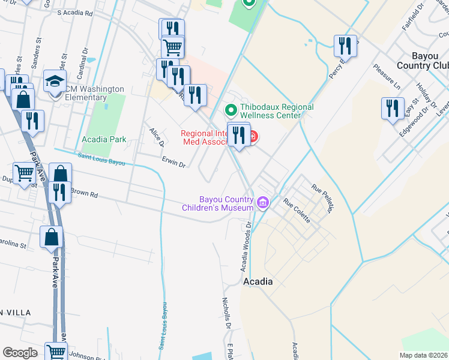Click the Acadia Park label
pyautogui.click(x=104, y=140)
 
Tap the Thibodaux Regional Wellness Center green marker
pyautogui.click(x=229, y=110)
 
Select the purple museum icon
pyautogui.click(x=262, y=203)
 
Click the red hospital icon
pyautogui.click(x=254, y=137)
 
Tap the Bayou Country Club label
pyautogui.click(x=423, y=60)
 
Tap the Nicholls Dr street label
pyautogui.click(x=227, y=314)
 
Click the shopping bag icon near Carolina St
pyautogui.click(x=52, y=238)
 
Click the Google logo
pyautogui.click(x=20, y=352)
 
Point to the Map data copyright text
pyautogui.click(x=423, y=355)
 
